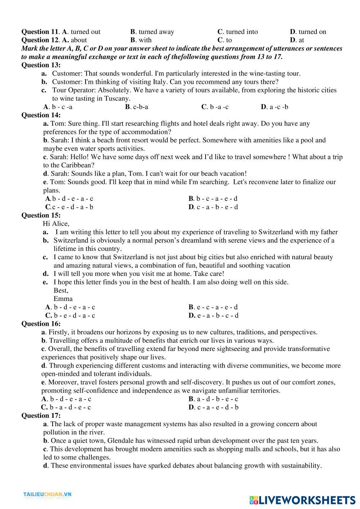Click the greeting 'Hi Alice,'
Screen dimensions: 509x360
tap(56, 224)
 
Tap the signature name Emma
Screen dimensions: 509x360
tap(63, 299)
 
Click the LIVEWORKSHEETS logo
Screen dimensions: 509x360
tap(302, 500)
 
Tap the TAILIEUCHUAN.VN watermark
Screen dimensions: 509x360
tap(48, 495)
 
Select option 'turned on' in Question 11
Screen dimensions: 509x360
tap(308, 32)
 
